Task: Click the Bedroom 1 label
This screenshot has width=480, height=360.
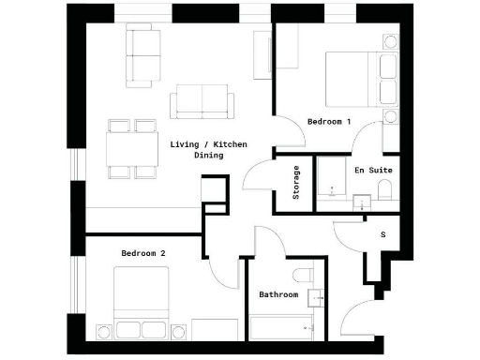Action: (x=329, y=122)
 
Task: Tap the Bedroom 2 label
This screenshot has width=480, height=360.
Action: (x=143, y=253)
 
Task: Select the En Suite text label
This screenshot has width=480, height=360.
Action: (x=372, y=171)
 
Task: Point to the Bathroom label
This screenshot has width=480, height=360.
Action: (x=278, y=294)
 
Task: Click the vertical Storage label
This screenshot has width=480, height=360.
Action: (x=296, y=183)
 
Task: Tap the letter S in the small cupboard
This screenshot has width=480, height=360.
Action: (x=382, y=234)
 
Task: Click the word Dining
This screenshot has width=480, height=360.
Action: (x=208, y=156)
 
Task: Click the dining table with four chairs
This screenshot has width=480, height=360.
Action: (x=132, y=147)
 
